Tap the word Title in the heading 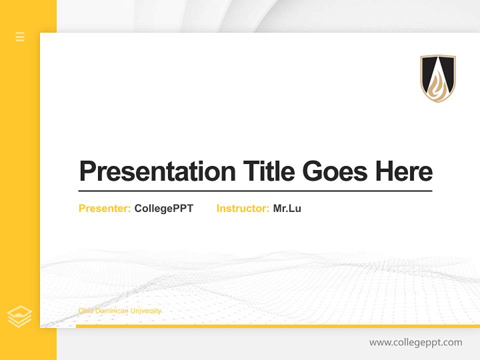(x=269, y=171)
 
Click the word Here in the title (x=404, y=171)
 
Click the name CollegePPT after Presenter (x=163, y=208)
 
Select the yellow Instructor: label (x=243, y=208)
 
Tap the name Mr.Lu (x=287, y=208)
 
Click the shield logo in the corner (x=438, y=78)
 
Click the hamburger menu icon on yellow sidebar (x=20, y=36)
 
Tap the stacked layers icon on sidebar (x=20, y=316)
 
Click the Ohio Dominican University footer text (x=120, y=311)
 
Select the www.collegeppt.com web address (x=415, y=342)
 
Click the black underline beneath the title (x=255, y=191)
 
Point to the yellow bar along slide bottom (x=277, y=326)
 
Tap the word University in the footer (x=148, y=311)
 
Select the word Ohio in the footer (x=84, y=311)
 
